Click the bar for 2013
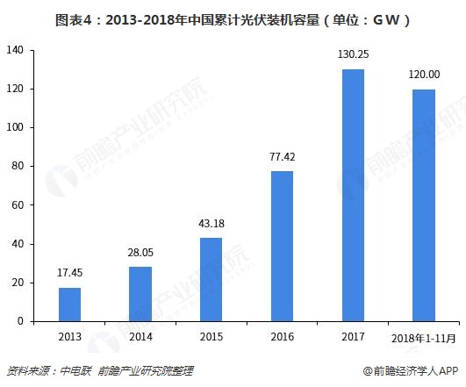point(69,305)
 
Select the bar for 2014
point(140,294)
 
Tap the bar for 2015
point(211,279)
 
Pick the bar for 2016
point(281,246)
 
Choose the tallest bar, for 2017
point(352,195)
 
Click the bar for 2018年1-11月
point(422,204)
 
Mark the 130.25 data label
point(352,55)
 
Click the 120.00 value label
point(422,76)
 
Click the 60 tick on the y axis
point(16,205)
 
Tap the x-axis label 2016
point(281,337)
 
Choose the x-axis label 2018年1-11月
point(422,338)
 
